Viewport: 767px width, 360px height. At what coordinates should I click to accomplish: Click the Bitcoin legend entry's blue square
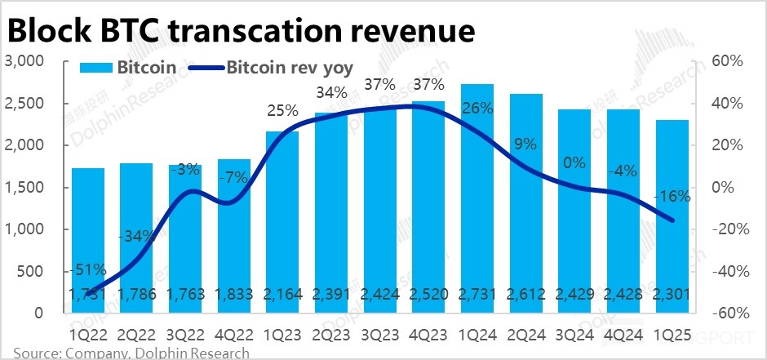click(x=96, y=67)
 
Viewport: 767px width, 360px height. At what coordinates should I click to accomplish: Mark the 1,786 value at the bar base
click(x=135, y=296)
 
